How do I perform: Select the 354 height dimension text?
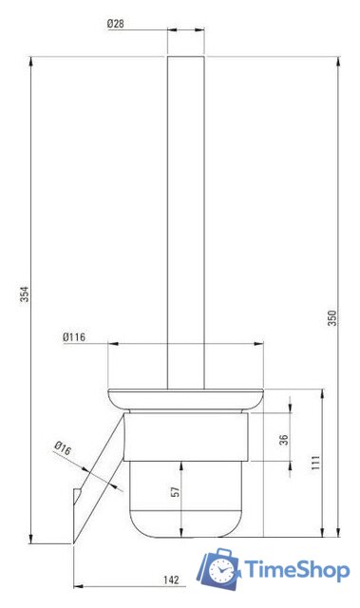point(24,296)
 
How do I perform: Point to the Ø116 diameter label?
point(75,336)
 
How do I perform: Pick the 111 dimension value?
point(314,463)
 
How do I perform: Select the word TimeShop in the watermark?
point(296,570)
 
